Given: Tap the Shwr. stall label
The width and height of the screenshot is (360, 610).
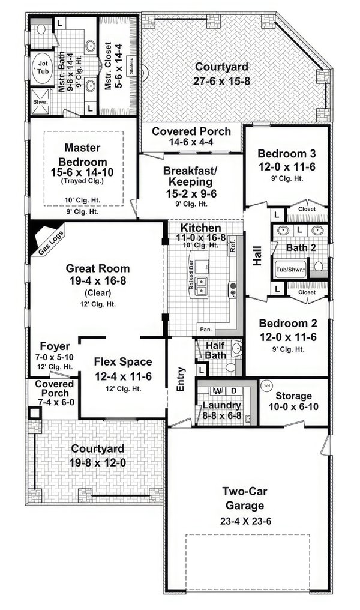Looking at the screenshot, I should click(40, 101).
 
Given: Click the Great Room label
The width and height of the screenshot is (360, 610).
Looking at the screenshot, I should click(98, 268).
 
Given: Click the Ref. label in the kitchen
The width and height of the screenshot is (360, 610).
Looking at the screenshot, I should click(232, 246).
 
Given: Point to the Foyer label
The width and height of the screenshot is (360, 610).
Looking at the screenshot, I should click(55, 346).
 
